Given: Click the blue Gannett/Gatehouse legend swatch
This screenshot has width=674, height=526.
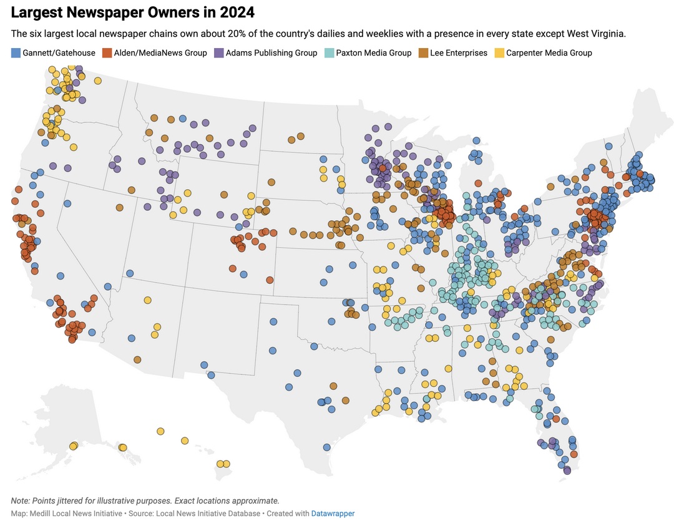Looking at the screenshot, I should coord(16,53).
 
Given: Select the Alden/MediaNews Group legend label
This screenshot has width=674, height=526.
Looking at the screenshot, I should coord(160,53).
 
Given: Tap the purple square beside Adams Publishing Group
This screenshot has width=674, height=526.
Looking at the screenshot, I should coord(218,53).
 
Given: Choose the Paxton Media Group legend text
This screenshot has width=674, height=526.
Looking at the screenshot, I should coord(373,53).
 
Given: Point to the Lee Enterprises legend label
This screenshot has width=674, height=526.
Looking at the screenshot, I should coord(459,53).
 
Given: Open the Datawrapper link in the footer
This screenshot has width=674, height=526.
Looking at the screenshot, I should coord(333,514).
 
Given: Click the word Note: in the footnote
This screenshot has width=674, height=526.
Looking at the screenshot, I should coord(21,501).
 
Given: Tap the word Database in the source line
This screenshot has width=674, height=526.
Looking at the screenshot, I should coord(243,514).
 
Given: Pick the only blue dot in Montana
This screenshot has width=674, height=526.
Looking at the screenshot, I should coord(182,119).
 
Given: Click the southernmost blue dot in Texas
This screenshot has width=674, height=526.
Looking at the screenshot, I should coord(326,447).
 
